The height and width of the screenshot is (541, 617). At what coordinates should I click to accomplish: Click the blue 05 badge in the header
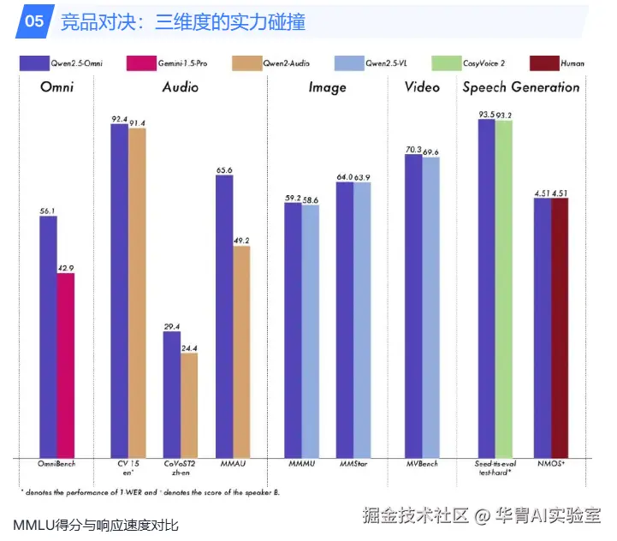(x=33, y=21)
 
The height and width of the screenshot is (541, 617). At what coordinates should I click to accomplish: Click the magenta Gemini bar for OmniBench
(x=65, y=365)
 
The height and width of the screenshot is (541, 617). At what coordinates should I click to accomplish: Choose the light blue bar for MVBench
(x=430, y=307)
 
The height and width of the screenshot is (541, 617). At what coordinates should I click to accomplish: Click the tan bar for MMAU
(x=241, y=351)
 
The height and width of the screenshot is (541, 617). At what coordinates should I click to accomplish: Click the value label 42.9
(x=66, y=267)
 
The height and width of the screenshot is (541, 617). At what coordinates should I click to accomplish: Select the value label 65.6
(x=224, y=169)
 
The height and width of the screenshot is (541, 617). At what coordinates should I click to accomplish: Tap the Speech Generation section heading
(x=520, y=87)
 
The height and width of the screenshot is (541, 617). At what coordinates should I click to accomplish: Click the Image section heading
(x=327, y=87)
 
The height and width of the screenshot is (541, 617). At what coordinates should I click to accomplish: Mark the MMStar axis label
(x=353, y=464)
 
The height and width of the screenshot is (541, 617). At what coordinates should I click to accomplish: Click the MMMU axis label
(x=301, y=464)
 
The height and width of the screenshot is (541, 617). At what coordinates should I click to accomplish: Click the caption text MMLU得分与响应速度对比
(x=96, y=524)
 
